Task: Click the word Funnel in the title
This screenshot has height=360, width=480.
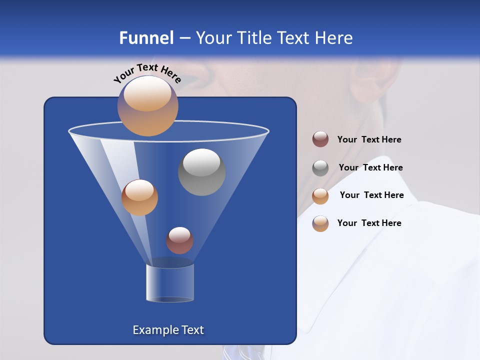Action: click(x=146, y=38)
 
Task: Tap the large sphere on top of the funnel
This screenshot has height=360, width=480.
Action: click(x=147, y=105)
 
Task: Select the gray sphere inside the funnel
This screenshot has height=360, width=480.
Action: click(x=201, y=172)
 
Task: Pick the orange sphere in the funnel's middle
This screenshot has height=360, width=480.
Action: click(x=139, y=197)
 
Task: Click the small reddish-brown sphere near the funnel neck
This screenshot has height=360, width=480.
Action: click(x=179, y=240)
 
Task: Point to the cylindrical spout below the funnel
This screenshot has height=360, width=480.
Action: click(x=170, y=283)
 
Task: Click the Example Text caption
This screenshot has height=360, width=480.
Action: click(x=168, y=330)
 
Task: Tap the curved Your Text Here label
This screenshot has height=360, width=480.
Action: click(x=147, y=73)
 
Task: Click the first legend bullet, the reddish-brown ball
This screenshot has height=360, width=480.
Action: click(x=320, y=139)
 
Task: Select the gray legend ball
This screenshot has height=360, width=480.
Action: click(x=320, y=168)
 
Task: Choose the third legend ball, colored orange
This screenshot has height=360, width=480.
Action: click(x=320, y=195)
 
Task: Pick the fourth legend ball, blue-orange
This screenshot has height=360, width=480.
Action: click(x=320, y=223)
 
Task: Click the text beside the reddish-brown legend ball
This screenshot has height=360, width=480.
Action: click(x=369, y=140)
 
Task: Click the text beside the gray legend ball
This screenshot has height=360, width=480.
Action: click(x=370, y=167)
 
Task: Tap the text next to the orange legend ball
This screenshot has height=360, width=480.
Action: click(x=371, y=195)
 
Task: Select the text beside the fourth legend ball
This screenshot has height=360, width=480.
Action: click(x=369, y=223)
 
